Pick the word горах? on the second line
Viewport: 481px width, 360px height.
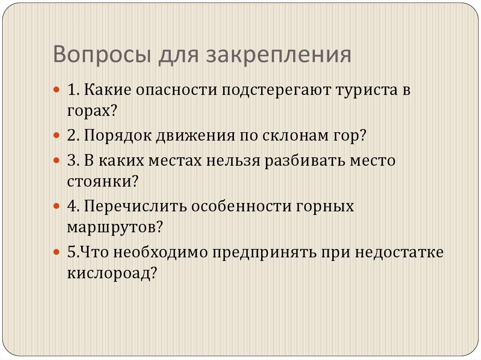pyautogui.click(x=92, y=112)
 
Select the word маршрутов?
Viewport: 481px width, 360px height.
pyautogui.click(x=115, y=228)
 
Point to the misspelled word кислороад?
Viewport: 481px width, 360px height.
pyautogui.click(x=111, y=273)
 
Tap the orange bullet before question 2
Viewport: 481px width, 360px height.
pyautogui.click(x=56, y=136)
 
